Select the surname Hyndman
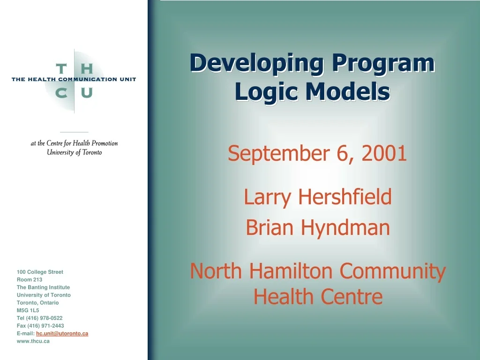(345, 228)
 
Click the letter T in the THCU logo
(61, 69)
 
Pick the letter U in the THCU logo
(87, 92)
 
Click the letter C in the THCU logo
(61, 92)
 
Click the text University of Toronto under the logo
(74, 153)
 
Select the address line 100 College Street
(40, 272)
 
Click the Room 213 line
(30, 279)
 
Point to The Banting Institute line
(43, 287)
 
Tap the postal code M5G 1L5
(28, 310)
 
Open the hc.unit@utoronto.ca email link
(62, 333)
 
